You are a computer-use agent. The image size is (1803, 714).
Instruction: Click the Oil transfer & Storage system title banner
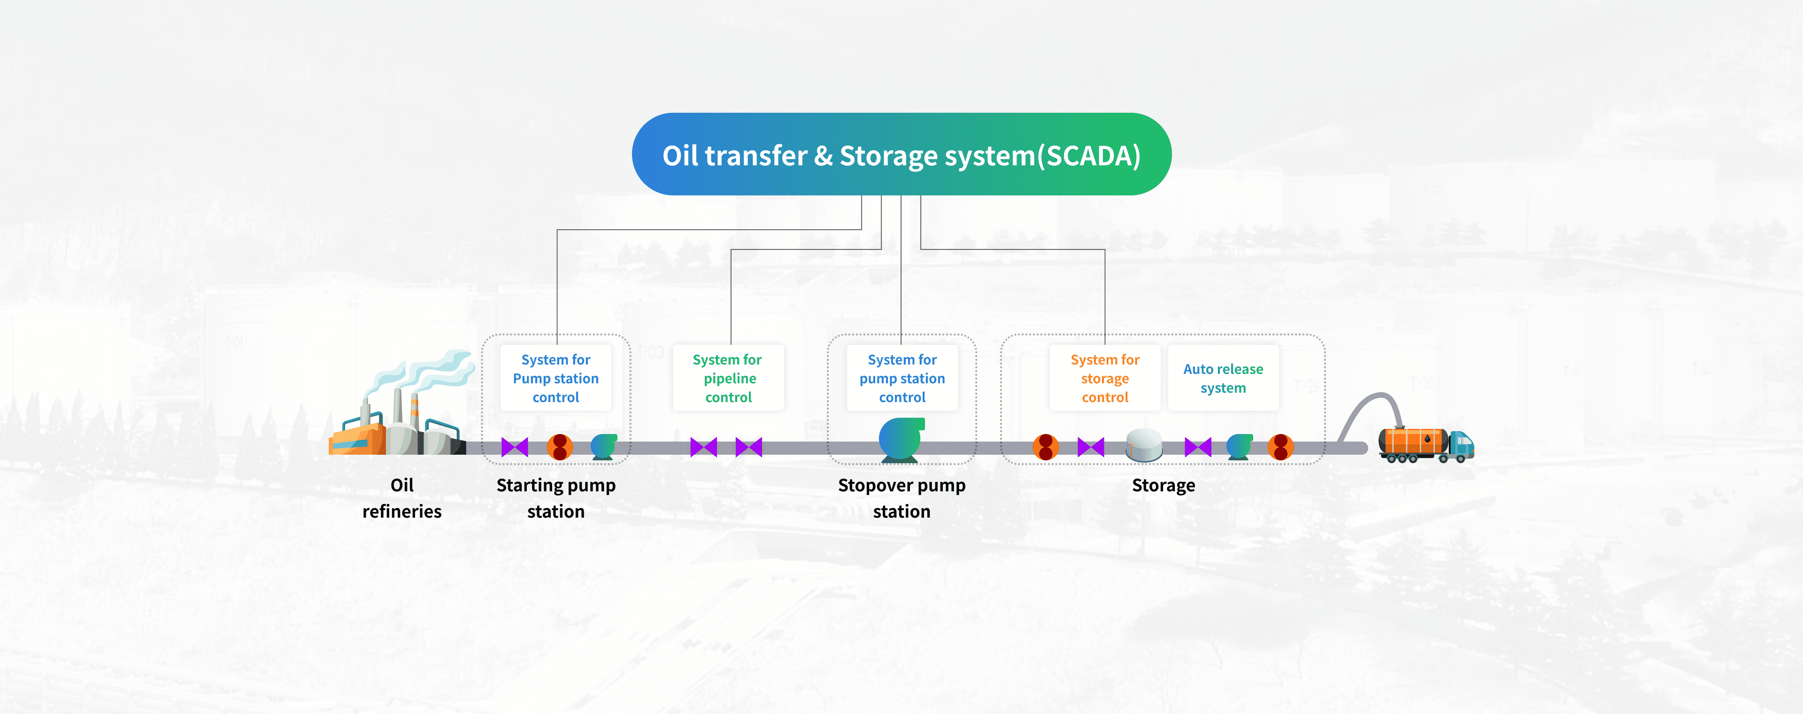click(901, 154)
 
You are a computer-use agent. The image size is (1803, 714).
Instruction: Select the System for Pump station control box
click(556, 378)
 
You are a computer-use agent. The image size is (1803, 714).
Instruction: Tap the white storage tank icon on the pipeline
click(1144, 445)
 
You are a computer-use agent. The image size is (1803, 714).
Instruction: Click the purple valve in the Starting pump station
click(515, 447)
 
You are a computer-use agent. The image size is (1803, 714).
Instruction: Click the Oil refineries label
click(402, 498)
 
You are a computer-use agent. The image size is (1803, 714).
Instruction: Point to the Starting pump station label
click(556, 498)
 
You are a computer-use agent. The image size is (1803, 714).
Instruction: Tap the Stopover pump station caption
click(901, 498)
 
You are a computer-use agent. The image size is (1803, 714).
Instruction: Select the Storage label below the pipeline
click(1163, 486)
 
